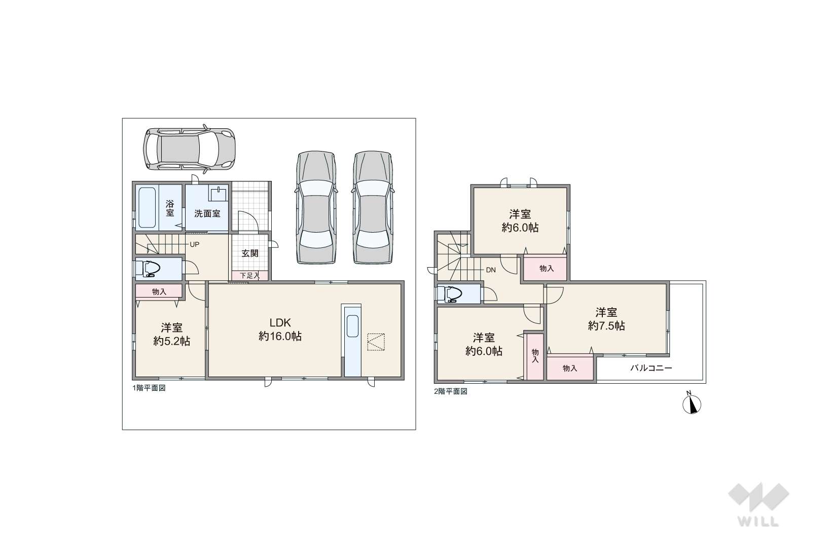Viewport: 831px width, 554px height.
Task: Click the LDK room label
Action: point(280,322)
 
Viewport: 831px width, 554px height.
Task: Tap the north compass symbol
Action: point(692,404)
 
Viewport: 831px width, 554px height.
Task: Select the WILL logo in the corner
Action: point(758,505)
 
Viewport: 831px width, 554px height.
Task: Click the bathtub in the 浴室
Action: point(147,207)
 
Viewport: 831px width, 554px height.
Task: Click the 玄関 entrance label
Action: point(249,253)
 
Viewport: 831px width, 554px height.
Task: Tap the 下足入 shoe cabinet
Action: point(249,276)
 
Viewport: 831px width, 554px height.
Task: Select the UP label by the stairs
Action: point(194,244)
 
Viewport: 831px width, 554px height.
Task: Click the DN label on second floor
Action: point(491,270)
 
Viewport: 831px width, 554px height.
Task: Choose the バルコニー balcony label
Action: point(651,368)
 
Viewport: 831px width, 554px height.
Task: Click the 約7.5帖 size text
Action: point(606,325)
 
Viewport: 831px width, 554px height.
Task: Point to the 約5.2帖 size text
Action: point(172,341)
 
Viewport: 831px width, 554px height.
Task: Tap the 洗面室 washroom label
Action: point(207,213)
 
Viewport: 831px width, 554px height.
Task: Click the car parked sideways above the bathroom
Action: point(189,149)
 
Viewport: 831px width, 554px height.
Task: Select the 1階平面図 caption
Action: point(149,388)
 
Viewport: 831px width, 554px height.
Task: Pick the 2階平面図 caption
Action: point(451,391)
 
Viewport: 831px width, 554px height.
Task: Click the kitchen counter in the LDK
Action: point(352,341)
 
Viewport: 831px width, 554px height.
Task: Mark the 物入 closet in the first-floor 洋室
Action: point(159,291)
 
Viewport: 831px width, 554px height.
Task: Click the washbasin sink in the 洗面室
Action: point(219,195)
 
